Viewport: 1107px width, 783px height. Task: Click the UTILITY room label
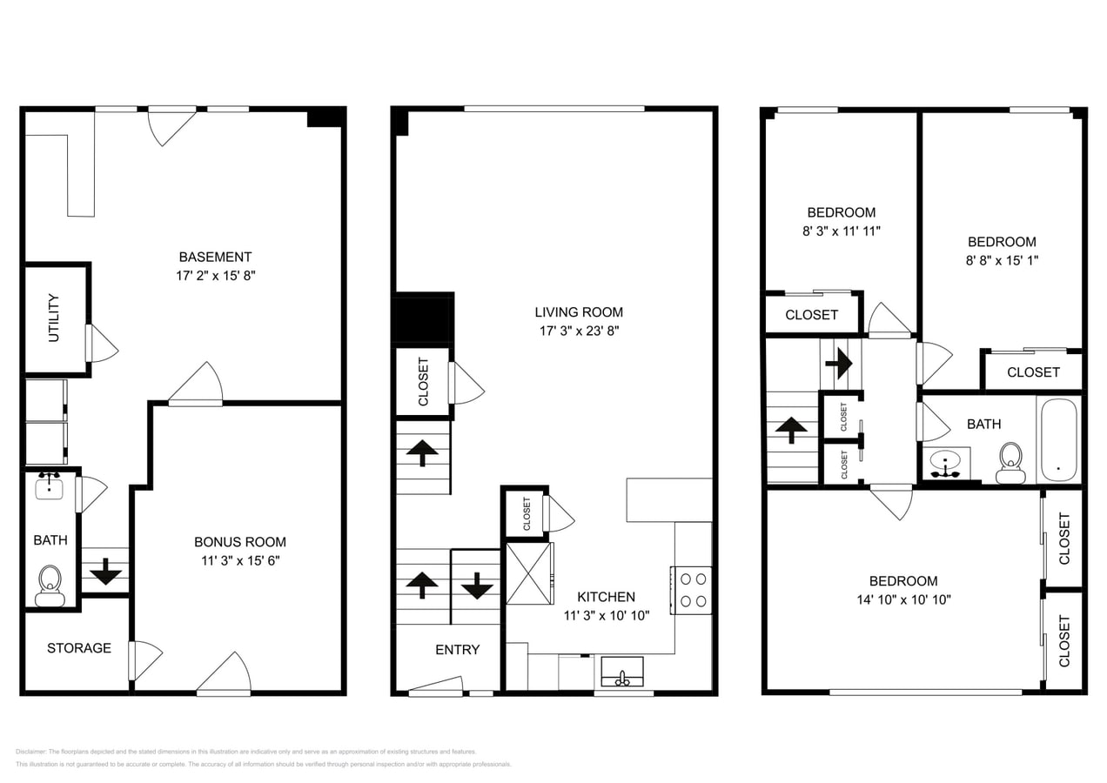click(54, 318)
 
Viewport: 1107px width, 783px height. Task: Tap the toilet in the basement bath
click(50, 586)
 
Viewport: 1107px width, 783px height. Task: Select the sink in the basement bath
click(50, 486)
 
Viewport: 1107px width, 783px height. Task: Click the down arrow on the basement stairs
click(106, 571)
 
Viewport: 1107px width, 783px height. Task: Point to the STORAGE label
click(79, 648)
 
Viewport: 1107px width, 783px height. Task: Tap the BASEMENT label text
click(215, 257)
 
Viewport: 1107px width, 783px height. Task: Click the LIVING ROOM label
click(579, 312)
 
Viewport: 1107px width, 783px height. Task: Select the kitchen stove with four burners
click(693, 590)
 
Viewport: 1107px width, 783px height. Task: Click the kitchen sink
click(622, 673)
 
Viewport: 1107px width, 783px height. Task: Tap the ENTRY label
click(457, 650)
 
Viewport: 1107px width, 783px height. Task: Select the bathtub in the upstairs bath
click(1058, 439)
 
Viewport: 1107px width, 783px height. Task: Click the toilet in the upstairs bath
click(1010, 462)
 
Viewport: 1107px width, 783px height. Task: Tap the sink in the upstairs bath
click(945, 462)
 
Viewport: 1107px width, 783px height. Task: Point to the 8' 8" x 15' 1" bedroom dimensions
click(1002, 260)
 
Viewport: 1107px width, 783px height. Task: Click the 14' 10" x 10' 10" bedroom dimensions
click(903, 599)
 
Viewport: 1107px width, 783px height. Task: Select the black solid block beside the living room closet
click(423, 319)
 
